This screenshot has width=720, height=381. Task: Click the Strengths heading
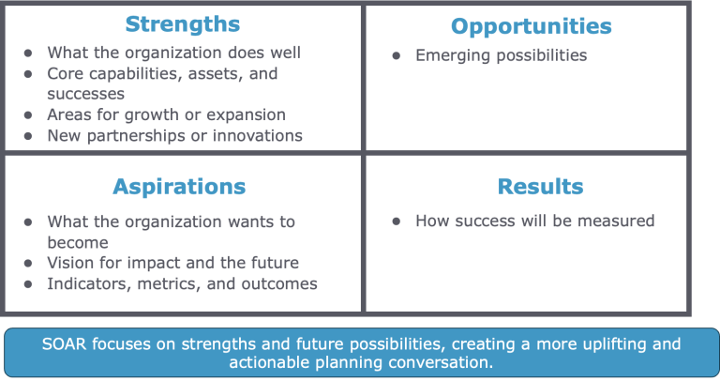pyautogui.click(x=182, y=23)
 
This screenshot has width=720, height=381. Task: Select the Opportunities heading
pyautogui.click(x=532, y=26)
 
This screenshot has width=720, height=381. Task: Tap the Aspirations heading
pyautogui.click(x=179, y=187)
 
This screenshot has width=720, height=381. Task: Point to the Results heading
pyautogui.click(x=540, y=187)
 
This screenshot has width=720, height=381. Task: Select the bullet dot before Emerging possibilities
pyautogui.click(x=397, y=56)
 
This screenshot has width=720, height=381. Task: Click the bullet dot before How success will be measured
pyautogui.click(x=397, y=222)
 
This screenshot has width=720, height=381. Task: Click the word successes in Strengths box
pyautogui.click(x=86, y=94)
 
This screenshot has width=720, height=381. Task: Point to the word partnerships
pyautogui.click(x=138, y=136)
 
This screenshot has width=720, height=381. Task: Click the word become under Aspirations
pyautogui.click(x=78, y=242)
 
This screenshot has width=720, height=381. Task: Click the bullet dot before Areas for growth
pyautogui.click(x=28, y=115)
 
